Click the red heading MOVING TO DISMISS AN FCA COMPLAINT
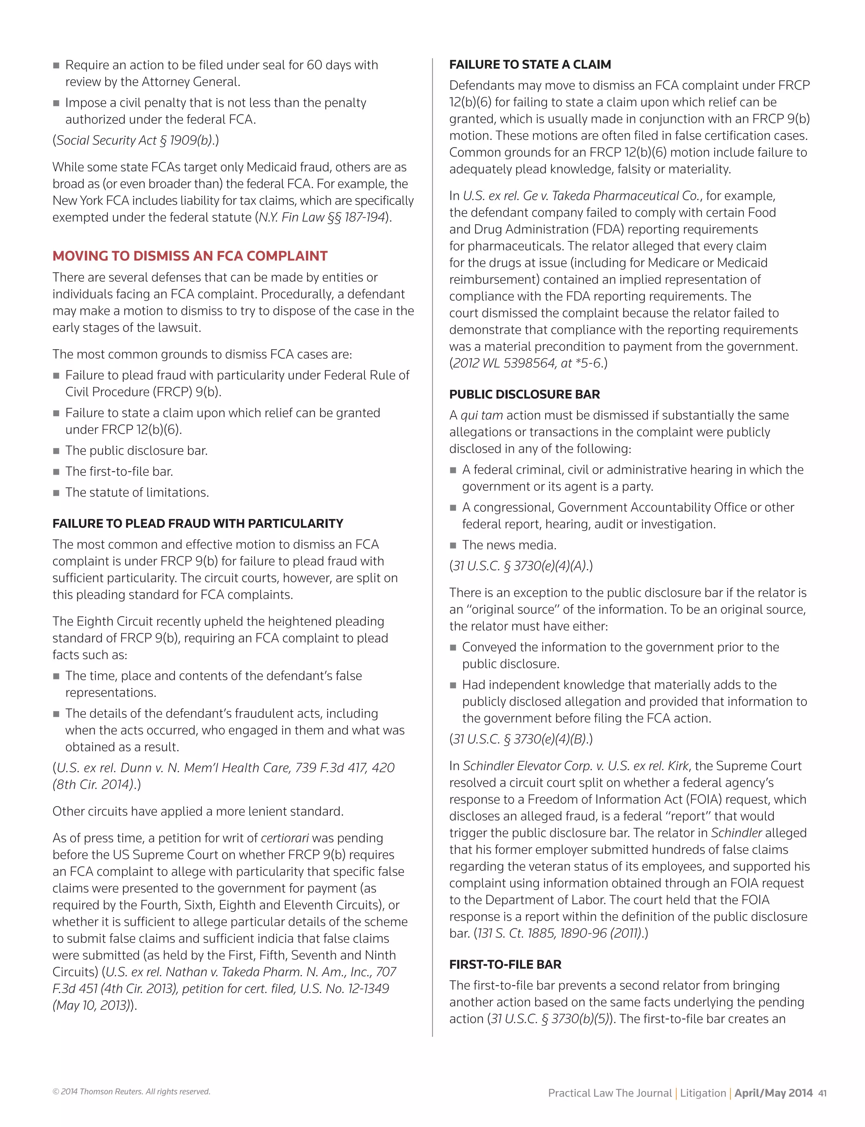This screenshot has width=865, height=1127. pyautogui.click(x=190, y=256)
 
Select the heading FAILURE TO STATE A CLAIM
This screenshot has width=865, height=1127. pyautogui.click(x=530, y=65)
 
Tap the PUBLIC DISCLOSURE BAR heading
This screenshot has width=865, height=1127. pyautogui.click(x=524, y=395)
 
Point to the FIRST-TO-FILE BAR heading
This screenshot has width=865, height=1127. pyautogui.click(x=505, y=964)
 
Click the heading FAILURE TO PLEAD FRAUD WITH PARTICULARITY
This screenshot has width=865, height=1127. pyautogui.click(x=198, y=524)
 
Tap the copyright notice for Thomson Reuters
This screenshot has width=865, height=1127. pyautogui.click(x=131, y=1092)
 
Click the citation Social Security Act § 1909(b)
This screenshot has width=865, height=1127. pyautogui.click(x=135, y=141)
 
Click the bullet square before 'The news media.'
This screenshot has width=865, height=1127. pyautogui.click(x=453, y=546)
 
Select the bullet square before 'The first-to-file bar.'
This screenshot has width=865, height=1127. pyautogui.click(x=56, y=472)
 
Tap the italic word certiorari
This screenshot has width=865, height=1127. pyautogui.click(x=285, y=838)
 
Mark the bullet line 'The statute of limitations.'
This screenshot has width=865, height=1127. pyautogui.click(x=137, y=493)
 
